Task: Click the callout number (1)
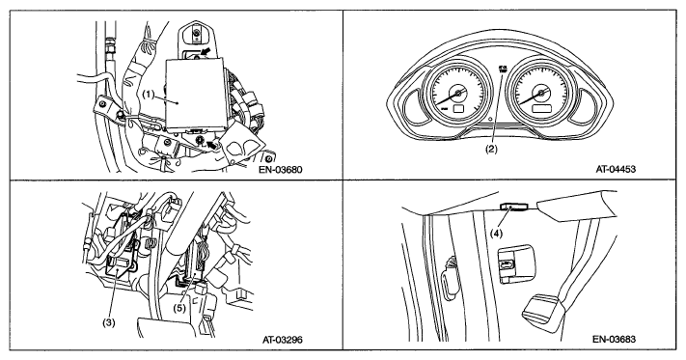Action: point(149,95)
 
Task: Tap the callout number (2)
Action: point(491,149)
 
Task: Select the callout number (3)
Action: point(108,322)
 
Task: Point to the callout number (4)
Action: point(496,234)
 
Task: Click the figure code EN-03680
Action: point(282,169)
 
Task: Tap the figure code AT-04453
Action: point(616,169)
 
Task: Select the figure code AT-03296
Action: point(282,339)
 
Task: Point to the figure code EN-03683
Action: point(615,339)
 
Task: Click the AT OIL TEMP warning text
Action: point(501,70)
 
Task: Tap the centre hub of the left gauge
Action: point(458,93)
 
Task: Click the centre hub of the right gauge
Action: point(541,93)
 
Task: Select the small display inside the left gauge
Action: point(459,109)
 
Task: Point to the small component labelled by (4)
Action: point(514,207)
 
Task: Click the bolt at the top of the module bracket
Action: point(198,32)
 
